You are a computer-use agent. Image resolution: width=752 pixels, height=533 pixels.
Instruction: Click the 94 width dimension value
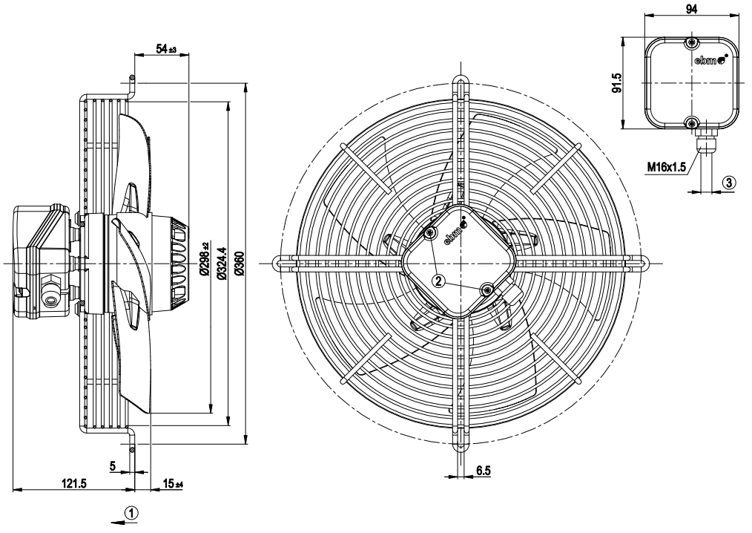tap(691, 9)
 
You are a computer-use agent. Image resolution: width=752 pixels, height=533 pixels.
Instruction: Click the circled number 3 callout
tap(728, 183)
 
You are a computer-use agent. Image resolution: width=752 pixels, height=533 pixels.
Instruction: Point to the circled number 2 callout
tap(439, 281)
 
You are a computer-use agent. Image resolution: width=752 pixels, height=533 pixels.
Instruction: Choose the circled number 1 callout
tap(132, 513)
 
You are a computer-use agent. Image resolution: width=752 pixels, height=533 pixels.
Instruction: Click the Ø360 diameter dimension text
tap(240, 263)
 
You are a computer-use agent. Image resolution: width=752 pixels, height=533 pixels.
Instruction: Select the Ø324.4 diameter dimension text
tap(221, 263)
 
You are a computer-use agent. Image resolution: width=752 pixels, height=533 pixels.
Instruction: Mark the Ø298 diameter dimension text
tap(205, 258)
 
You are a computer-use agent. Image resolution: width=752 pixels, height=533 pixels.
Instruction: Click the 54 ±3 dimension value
tap(166, 49)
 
